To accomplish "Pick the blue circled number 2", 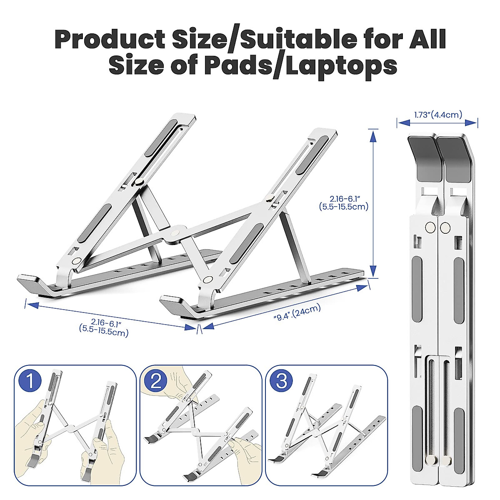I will point(156,380).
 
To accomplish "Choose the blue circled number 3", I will point(281,380).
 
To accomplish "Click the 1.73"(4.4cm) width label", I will point(437,114).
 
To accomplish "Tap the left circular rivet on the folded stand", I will point(431,227).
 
